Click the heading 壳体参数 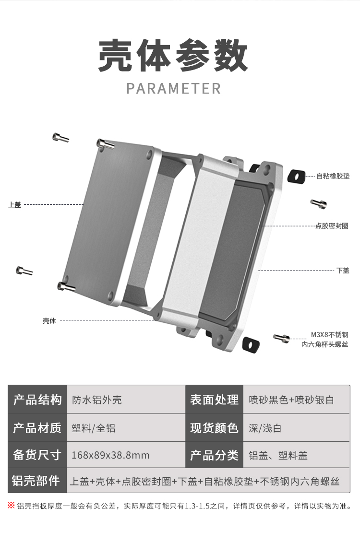pos(173,56)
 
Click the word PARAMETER pos(173,89)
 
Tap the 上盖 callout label pos(15,205)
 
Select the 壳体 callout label pos(49,320)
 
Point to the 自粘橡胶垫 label pos(333,176)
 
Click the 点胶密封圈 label pos(332,225)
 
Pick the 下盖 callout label pos(343,271)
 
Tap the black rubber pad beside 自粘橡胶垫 pos(296,176)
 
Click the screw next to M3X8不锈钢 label pos(282,338)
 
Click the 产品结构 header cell pos(37,400)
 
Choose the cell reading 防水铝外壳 pos(96,400)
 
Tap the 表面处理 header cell pos(214,400)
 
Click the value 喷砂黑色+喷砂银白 pos(291,400)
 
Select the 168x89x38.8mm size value pos(110,455)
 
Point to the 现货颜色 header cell pos(214,427)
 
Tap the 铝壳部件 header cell pos(36,481)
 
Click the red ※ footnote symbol pos(11,505)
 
